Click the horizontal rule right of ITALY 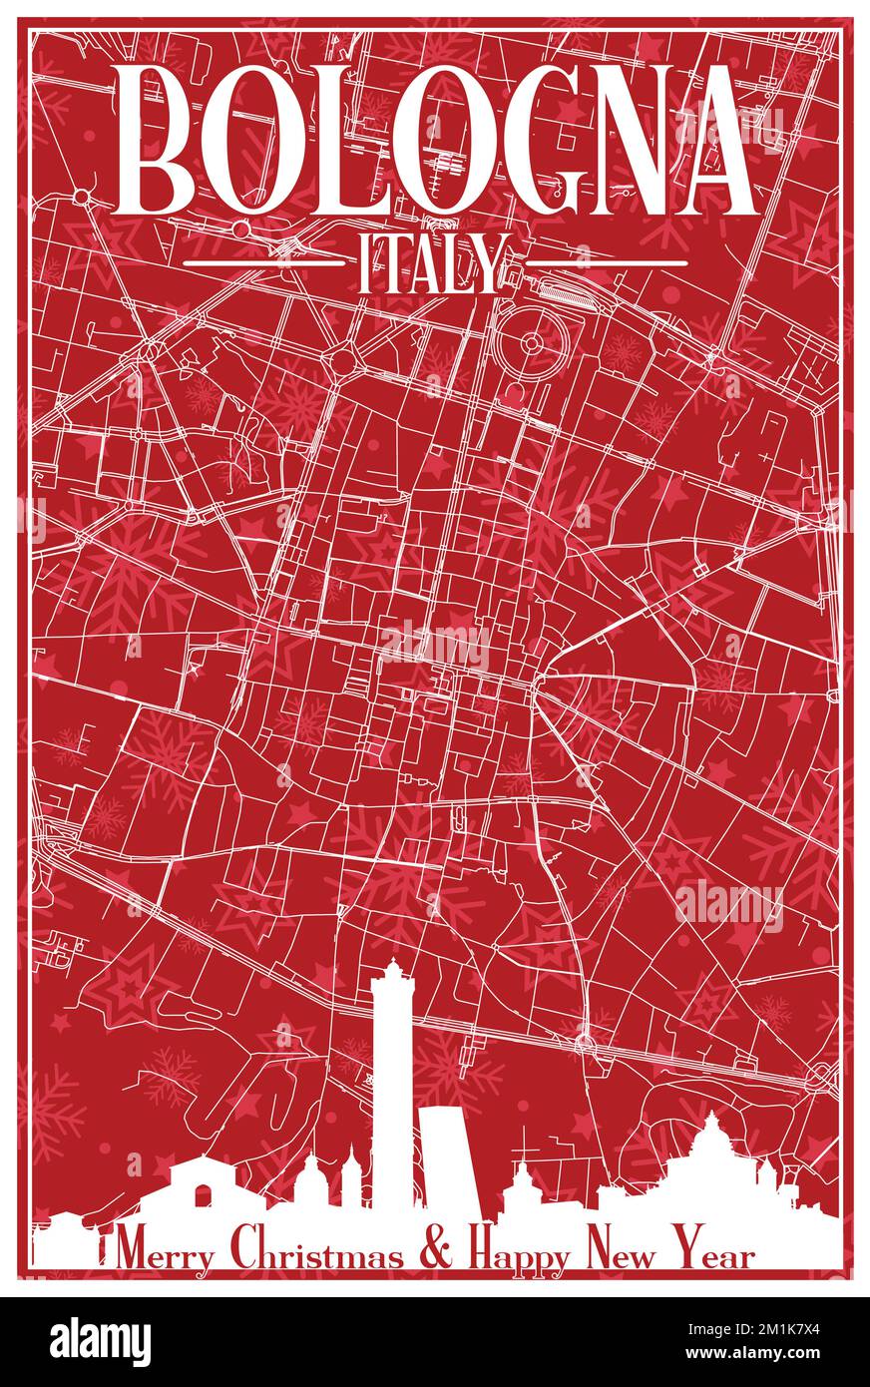pyautogui.click(x=606, y=264)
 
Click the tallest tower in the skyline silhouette pyautogui.click(x=391, y=1088)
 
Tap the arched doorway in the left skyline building pyautogui.click(x=205, y=1196)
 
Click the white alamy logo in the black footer pyautogui.click(x=100, y=1341)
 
